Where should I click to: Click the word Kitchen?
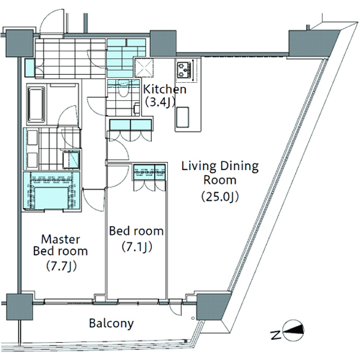coord(165,89)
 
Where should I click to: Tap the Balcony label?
coord(112,323)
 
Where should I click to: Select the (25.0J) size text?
coord(220,197)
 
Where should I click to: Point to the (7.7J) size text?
coord(61,266)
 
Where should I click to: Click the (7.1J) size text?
coord(137,247)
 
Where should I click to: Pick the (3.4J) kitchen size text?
coord(160,102)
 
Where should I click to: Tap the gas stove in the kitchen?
coord(185,70)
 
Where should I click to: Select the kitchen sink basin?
coord(183,117)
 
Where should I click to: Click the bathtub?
coord(36,105)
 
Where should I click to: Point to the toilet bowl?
coord(124,89)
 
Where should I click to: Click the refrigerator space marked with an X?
coord(144,68)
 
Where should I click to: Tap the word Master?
coord(60,239)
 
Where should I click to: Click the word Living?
coord(196,166)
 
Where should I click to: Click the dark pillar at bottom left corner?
coord(19,307)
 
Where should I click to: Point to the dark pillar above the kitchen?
coord(163,43)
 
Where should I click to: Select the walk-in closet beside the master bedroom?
coord(51,192)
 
